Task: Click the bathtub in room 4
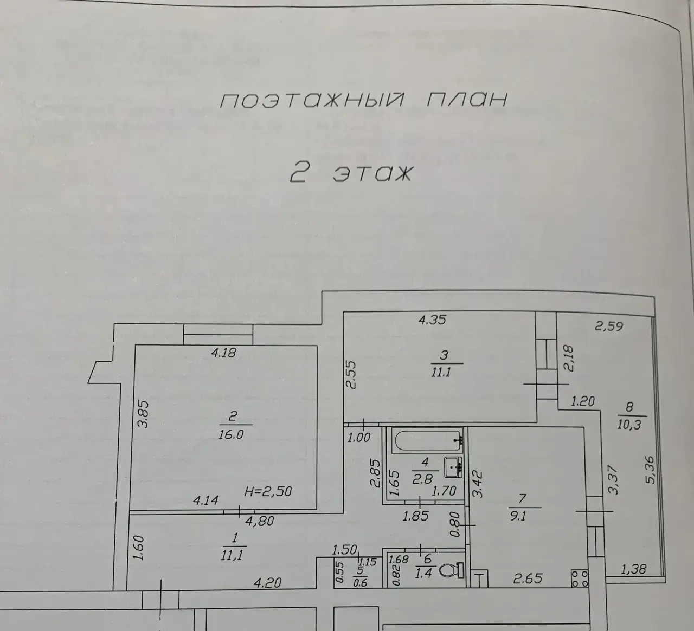tap(428, 440)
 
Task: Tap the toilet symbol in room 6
tap(452, 570)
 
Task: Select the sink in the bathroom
tap(453, 467)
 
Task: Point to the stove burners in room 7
tap(580, 578)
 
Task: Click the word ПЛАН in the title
tap(467, 100)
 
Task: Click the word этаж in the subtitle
tap(373, 173)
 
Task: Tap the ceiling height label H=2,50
tap(268, 491)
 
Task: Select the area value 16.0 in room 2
tap(231, 434)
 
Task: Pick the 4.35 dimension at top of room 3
tap(432, 320)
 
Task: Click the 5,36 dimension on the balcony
tap(650, 470)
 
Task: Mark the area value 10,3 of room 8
tap(629, 425)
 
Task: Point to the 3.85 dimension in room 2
tap(143, 414)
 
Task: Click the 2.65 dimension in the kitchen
tap(528, 578)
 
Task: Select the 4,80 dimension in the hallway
tap(260, 521)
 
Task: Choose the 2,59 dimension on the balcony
tap(609, 326)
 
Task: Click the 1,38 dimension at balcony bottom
tap(633, 569)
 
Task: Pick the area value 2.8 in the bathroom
tap(423, 479)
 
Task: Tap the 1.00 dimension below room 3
tap(359, 438)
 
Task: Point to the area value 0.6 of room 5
tap(360, 583)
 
